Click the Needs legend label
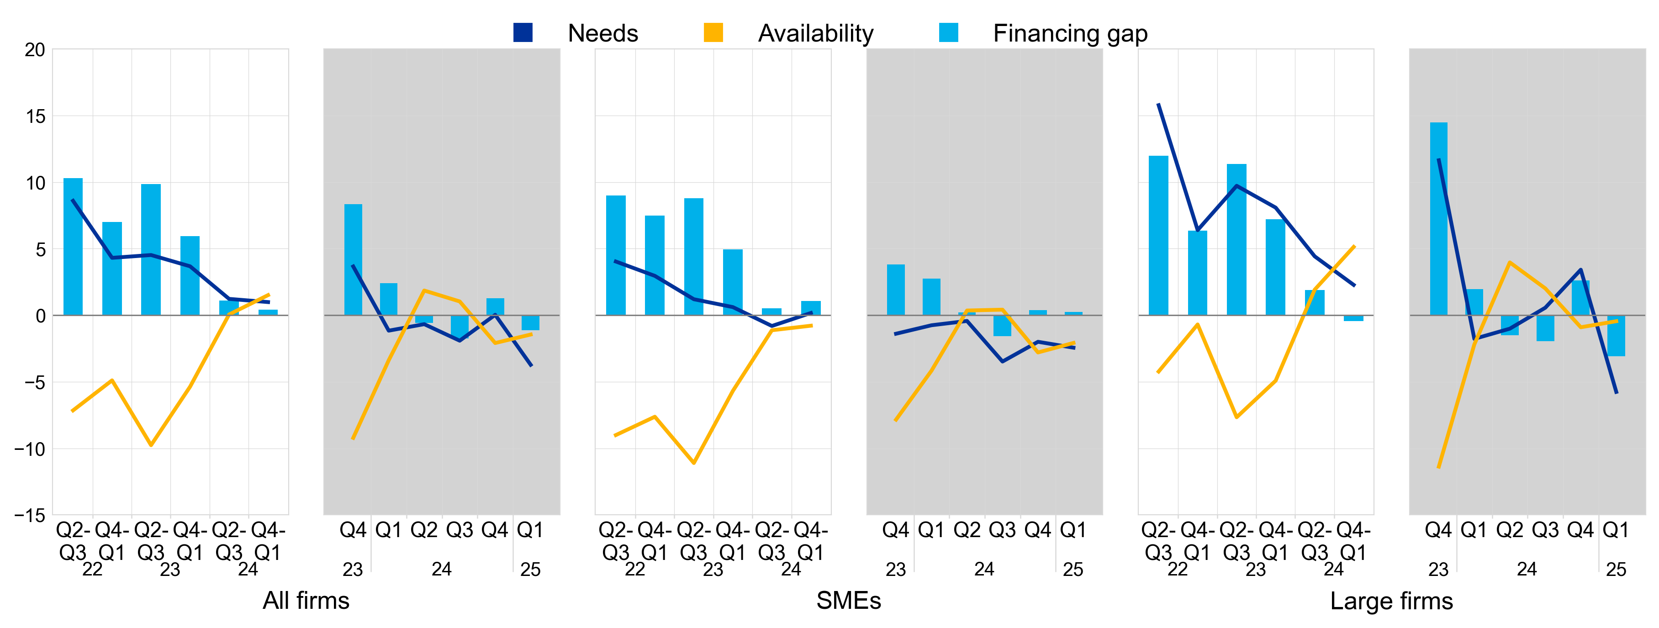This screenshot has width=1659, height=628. click(x=602, y=33)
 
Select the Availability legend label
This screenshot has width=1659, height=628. click(x=815, y=33)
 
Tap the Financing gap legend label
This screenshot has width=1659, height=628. click(x=1070, y=33)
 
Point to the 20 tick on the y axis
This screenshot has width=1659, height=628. click(x=35, y=50)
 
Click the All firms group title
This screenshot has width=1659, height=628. click(x=306, y=600)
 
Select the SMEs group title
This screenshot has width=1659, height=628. click(x=848, y=600)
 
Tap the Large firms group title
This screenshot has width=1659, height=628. click(x=1391, y=600)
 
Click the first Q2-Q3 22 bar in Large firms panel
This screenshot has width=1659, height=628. click(x=1158, y=236)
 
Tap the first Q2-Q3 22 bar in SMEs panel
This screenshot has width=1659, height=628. click(x=616, y=255)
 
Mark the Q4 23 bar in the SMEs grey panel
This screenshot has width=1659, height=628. click(x=895, y=290)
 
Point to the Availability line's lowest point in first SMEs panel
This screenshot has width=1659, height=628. click(x=694, y=463)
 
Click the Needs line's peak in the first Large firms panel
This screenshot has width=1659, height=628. click(x=1158, y=104)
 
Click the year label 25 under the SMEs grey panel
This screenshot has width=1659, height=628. click(x=1073, y=570)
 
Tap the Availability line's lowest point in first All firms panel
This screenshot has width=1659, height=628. click(x=151, y=445)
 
